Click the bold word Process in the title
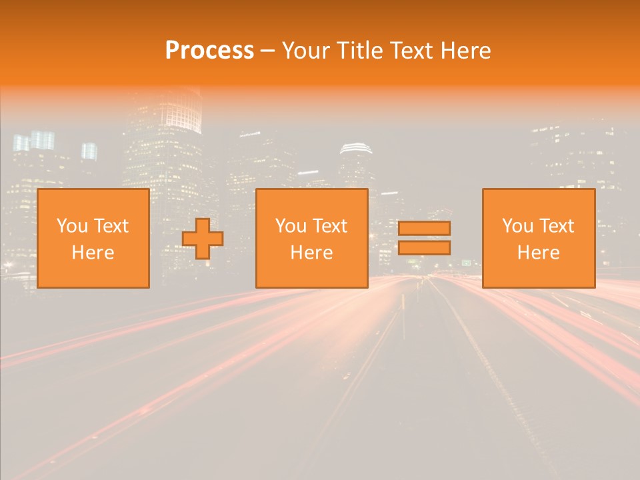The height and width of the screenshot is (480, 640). tap(209, 51)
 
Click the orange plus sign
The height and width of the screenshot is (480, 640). tap(202, 239)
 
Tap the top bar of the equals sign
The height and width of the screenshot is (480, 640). tap(424, 228)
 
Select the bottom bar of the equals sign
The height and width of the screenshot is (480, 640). tap(424, 248)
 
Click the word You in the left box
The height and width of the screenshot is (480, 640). tap(71, 226)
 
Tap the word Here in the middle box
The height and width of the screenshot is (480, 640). tap(311, 253)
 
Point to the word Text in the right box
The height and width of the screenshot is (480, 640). tap(557, 226)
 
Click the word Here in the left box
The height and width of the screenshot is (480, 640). tap(93, 253)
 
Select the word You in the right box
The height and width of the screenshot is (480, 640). tap(517, 226)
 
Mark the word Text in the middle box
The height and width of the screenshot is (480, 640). tap(330, 226)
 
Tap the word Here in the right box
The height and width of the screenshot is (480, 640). tap(538, 253)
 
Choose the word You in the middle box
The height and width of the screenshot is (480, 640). tap(290, 226)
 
